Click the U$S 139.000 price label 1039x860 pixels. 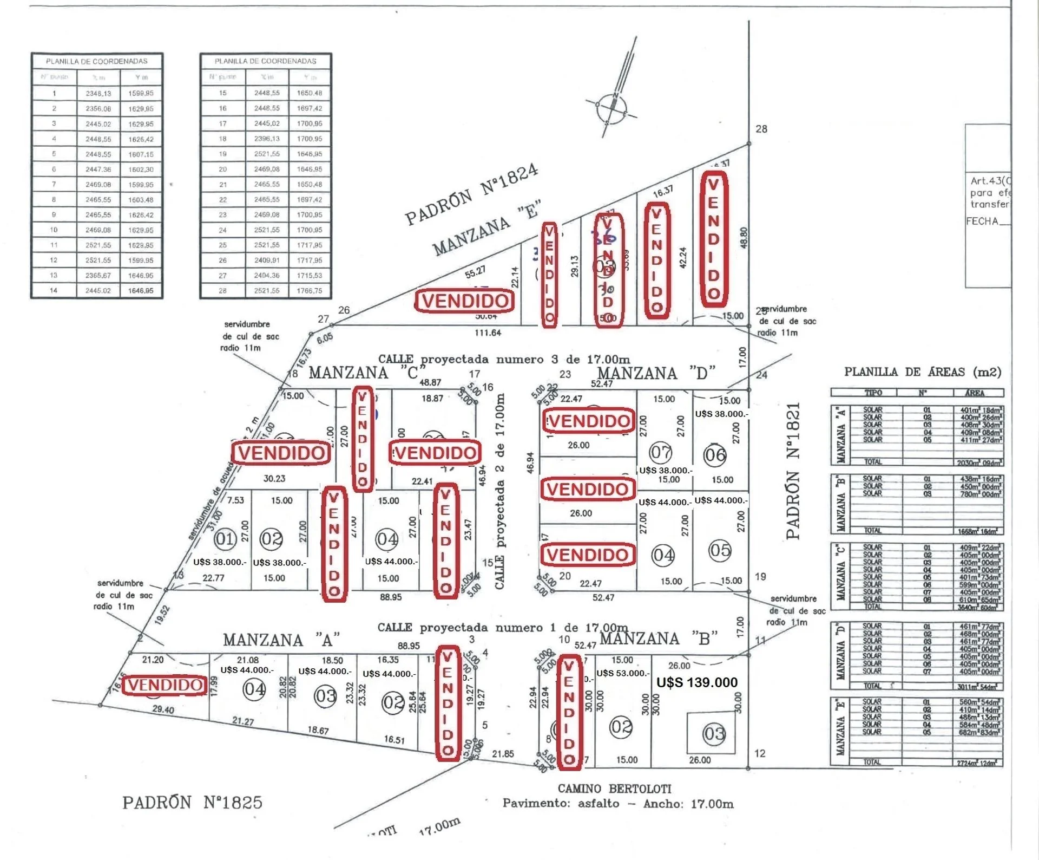coord(696,682)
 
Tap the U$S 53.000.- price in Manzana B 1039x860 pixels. coord(622,673)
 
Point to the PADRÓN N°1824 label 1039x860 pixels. coord(472,193)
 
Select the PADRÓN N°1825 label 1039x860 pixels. coord(192,802)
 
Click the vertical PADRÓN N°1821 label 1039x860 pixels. coord(793,471)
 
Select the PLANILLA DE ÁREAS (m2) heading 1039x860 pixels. coord(923,372)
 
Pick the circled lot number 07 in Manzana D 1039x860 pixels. coord(660,452)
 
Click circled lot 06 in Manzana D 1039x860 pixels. coord(714,455)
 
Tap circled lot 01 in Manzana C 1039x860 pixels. coord(225,539)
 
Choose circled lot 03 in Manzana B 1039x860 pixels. coord(713,734)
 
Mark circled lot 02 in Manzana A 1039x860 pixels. coord(393,703)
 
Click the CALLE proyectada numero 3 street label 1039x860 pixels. coord(504,359)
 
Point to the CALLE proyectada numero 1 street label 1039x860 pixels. coord(503,628)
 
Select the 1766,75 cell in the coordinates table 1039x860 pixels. coord(309,291)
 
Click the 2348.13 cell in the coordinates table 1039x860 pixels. coord(98,93)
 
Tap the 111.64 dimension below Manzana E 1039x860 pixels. coord(488,333)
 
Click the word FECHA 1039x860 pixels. coord(982,221)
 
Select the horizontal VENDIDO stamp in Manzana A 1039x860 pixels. coord(165,685)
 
